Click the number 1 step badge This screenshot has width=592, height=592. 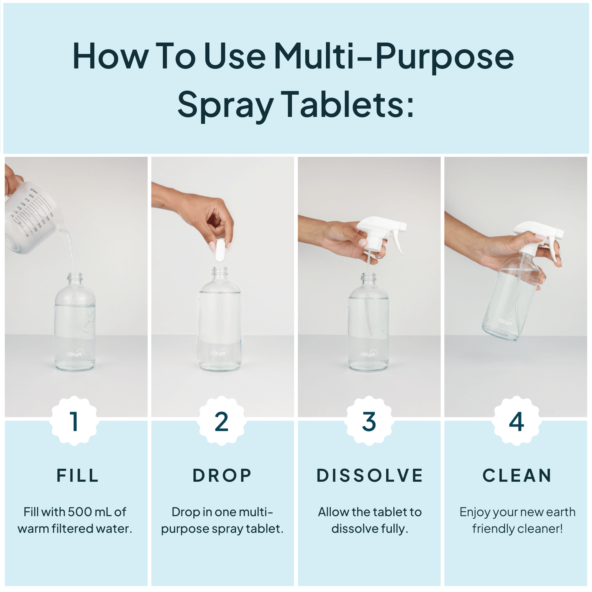click(x=74, y=421)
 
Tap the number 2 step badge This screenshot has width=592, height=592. click(x=222, y=421)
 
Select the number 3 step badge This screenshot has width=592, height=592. click(x=369, y=421)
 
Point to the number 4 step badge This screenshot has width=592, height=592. click(x=516, y=421)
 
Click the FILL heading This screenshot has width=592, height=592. click(x=77, y=476)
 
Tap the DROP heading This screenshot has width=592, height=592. click(x=222, y=476)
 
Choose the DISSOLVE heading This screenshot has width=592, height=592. click(x=370, y=476)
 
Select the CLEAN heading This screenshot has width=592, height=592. click(x=517, y=476)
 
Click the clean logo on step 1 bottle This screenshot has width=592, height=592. click(x=75, y=353)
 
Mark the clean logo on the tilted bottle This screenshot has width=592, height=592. click(x=506, y=321)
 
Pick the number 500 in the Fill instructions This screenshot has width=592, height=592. click(x=80, y=512)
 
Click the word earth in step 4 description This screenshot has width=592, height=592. click(x=560, y=512)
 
